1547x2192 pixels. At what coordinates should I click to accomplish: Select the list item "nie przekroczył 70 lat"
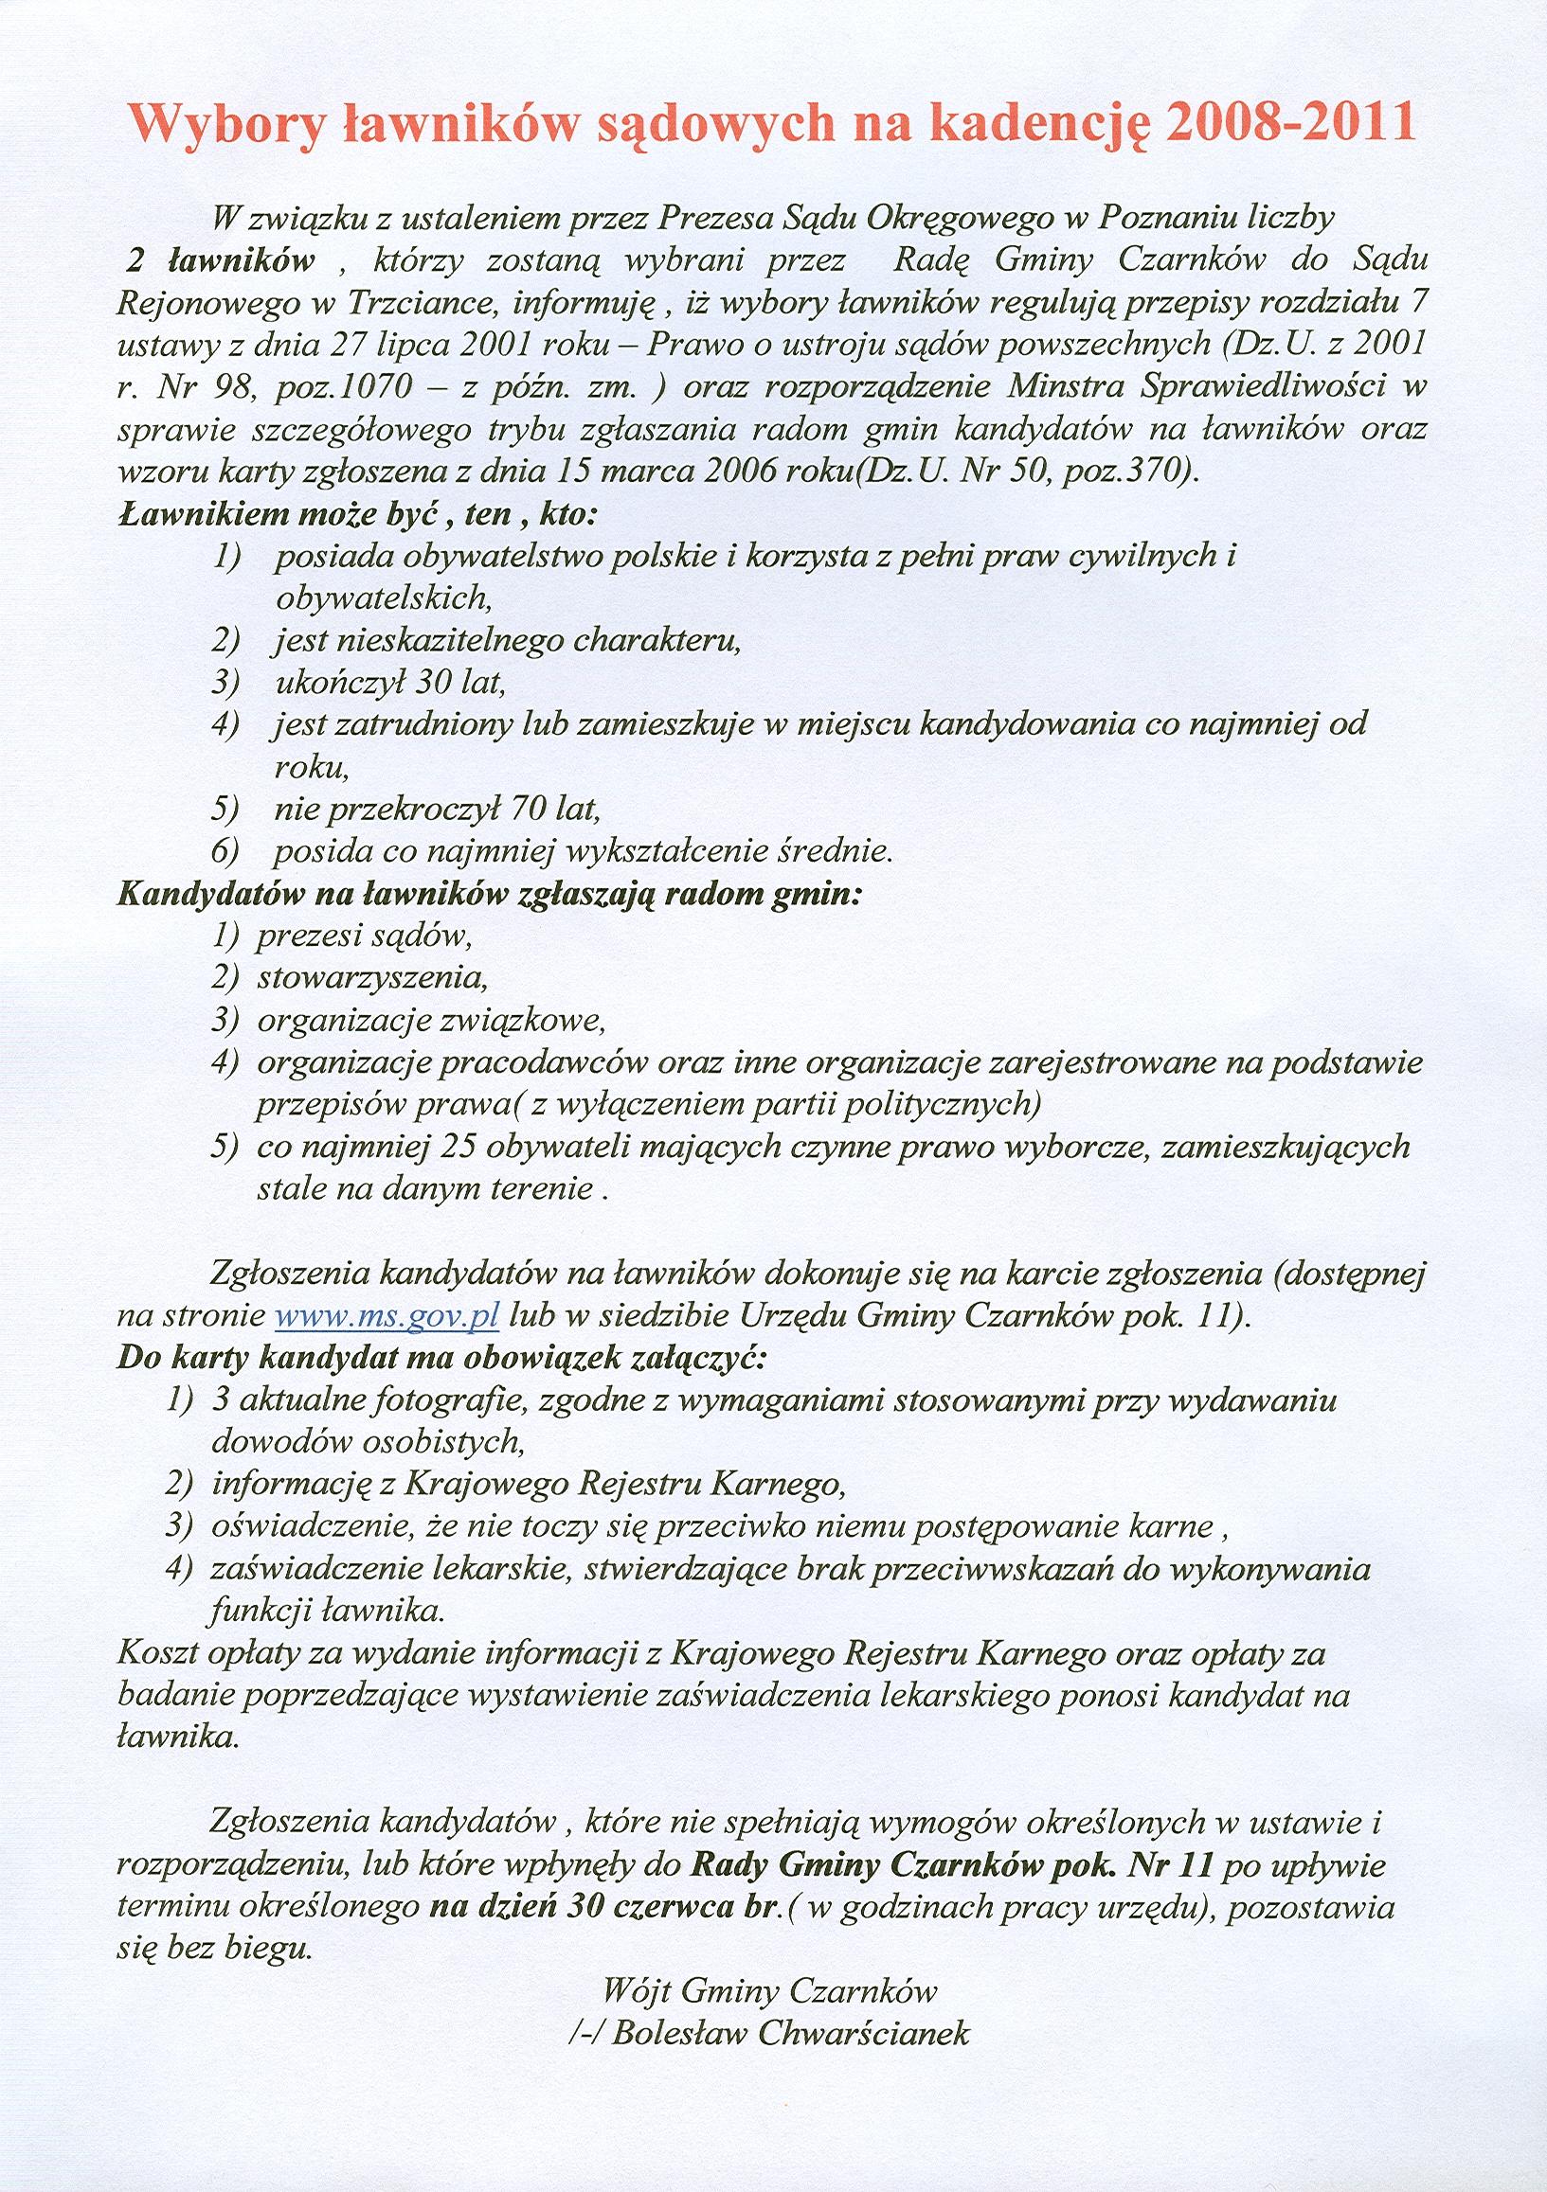click(x=437, y=810)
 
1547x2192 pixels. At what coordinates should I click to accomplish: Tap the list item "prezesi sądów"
click(x=364, y=936)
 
